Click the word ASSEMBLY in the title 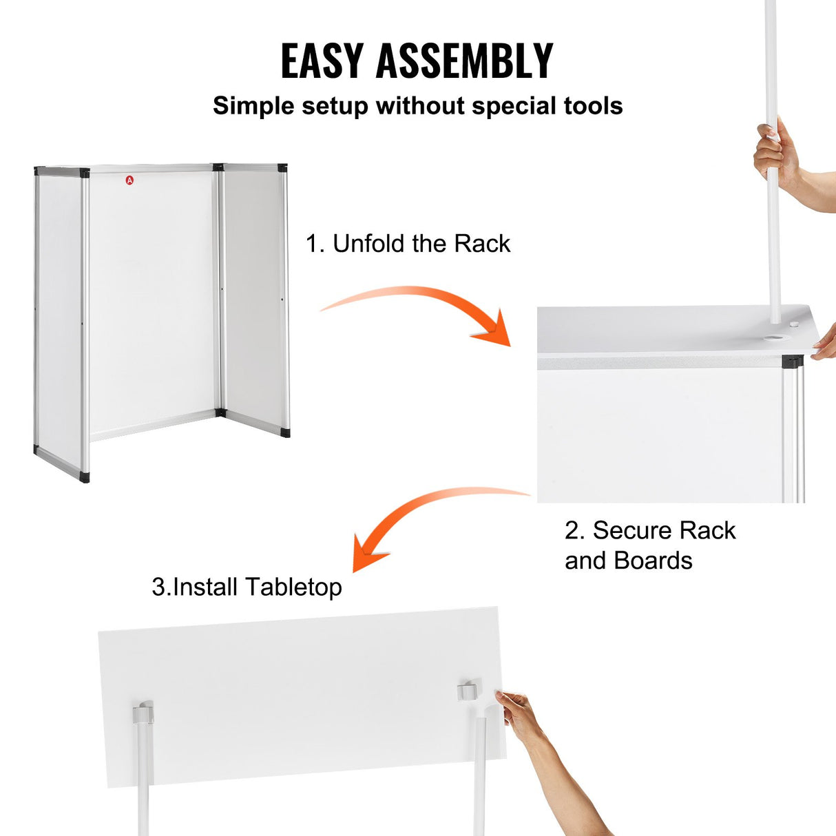464,61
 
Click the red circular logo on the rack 130,180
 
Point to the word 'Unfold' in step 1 369,244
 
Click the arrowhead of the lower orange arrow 368,552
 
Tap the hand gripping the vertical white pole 777,155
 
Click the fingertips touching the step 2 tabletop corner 824,348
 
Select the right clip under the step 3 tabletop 468,691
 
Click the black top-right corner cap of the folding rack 282,168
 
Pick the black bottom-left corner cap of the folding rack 84,477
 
